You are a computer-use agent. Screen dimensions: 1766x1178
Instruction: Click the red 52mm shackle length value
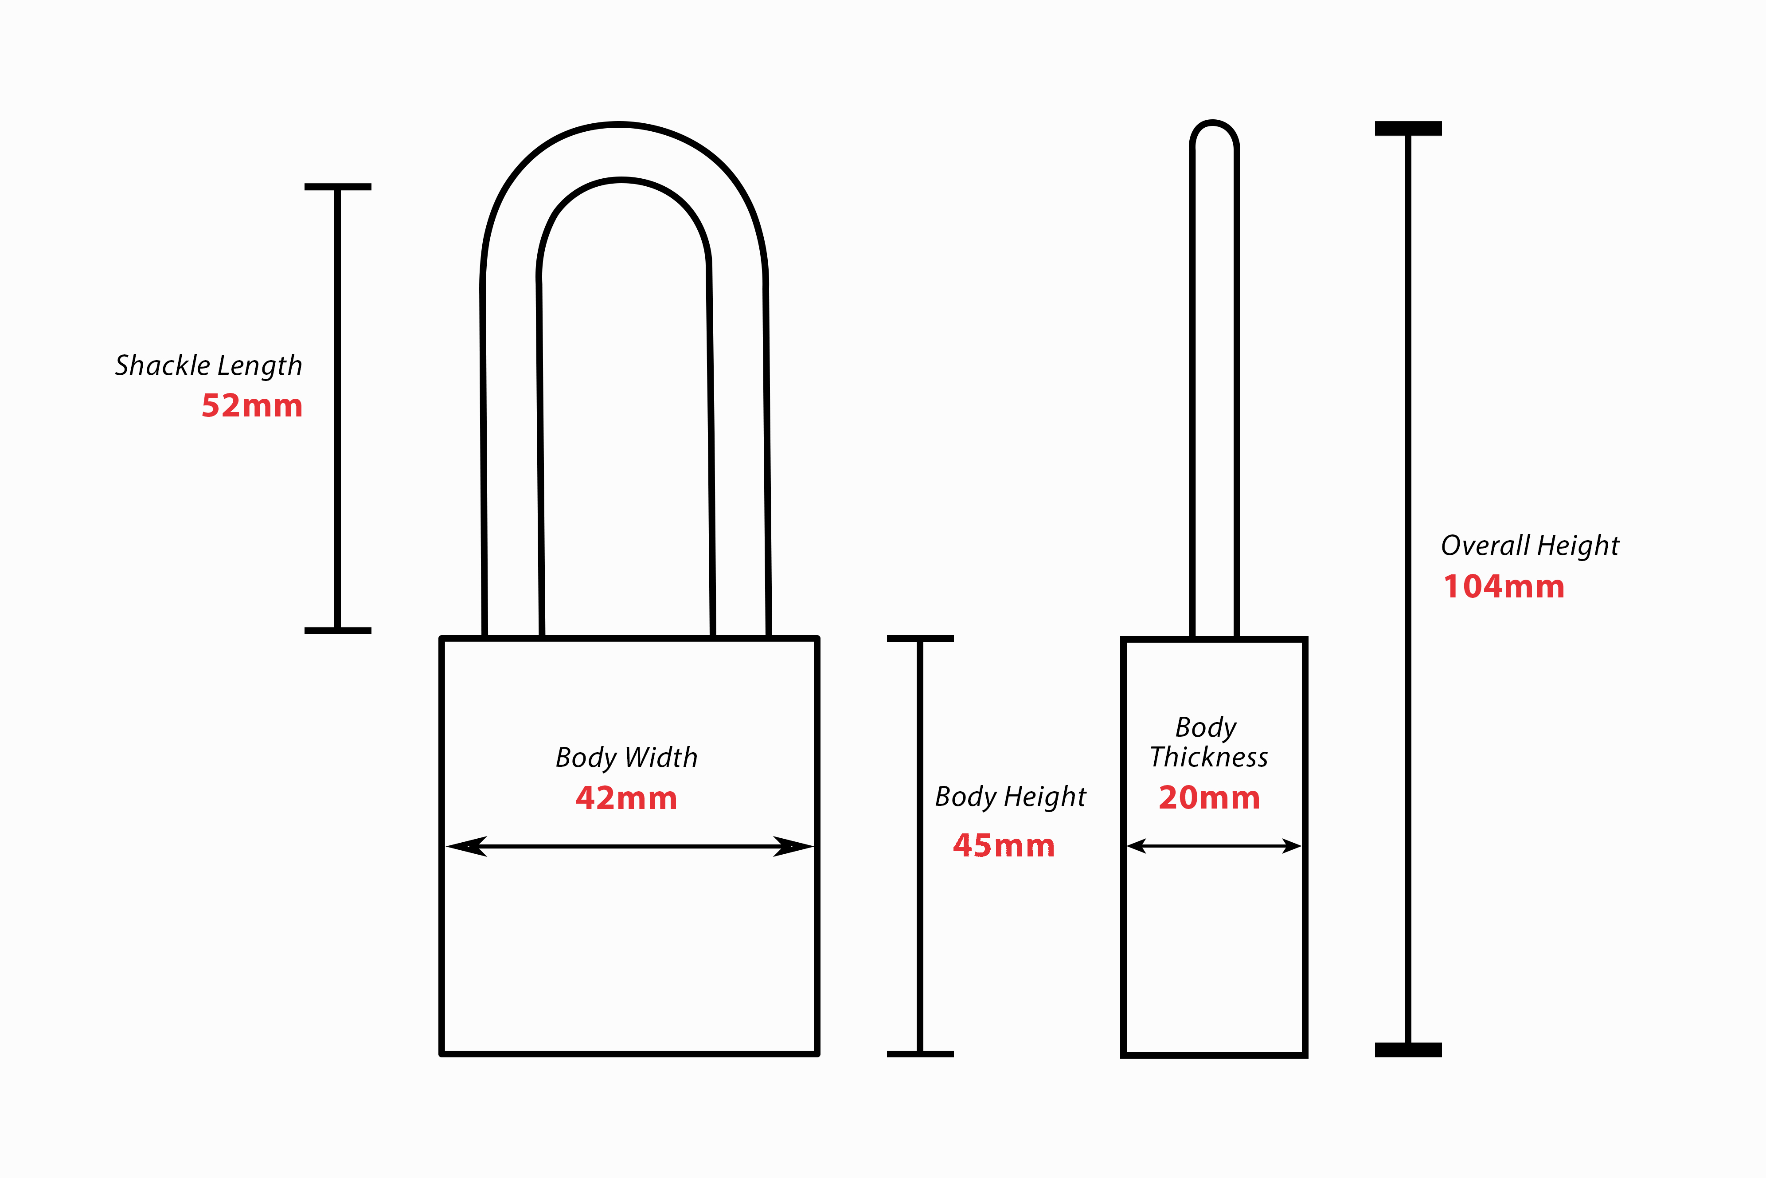[x=251, y=406]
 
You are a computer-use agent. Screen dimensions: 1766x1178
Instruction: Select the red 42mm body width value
[x=626, y=798]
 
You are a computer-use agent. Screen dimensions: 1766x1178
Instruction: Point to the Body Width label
[x=626, y=757]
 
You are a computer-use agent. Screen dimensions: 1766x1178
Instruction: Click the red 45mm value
[x=1004, y=846]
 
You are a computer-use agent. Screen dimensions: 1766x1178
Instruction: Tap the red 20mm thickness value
[x=1209, y=798]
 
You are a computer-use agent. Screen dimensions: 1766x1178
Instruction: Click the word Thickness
[x=1209, y=757]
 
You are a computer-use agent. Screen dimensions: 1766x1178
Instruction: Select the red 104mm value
[x=1504, y=587]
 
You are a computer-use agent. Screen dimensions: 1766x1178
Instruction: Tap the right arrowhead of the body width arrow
[x=793, y=847]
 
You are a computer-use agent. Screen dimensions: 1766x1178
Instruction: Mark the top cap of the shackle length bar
[x=338, y=186]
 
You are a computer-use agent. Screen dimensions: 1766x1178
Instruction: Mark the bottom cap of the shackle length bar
[x=338, y=630]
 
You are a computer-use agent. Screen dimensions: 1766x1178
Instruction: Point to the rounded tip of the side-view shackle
[x=1213, y=123]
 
